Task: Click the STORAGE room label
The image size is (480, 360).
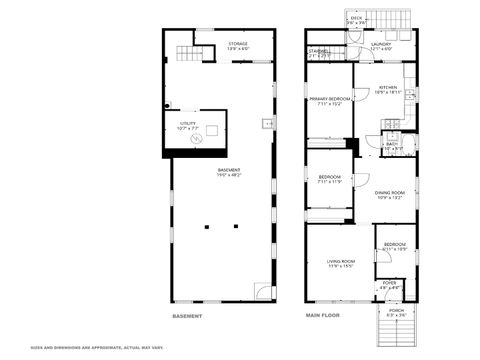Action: coord(237,43)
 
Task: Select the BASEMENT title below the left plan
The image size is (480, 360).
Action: coord(187,317)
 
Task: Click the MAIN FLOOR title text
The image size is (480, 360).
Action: coord(322,317)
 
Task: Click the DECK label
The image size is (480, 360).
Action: coord(357,18)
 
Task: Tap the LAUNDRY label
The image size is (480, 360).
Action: coord(381,44)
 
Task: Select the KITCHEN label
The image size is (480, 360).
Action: coord(388,87)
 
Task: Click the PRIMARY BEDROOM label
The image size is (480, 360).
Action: coord(329,99)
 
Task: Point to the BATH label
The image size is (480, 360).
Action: coord(392,144)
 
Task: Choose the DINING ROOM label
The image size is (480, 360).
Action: coord(389,193)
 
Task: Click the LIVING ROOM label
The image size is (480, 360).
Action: coord(341,261)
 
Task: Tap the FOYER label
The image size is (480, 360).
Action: coord(389,283)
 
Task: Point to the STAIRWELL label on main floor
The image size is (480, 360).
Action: coord(319,51)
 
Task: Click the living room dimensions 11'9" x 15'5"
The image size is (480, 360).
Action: coord(341,267)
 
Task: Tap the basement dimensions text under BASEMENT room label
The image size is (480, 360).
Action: coord(229,175)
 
